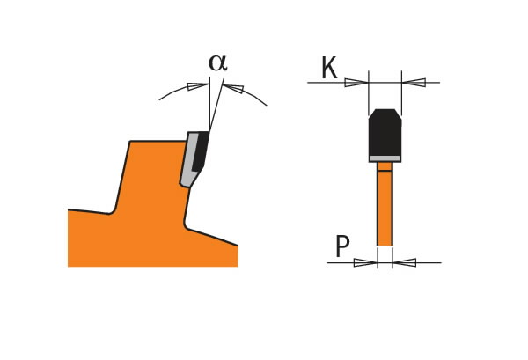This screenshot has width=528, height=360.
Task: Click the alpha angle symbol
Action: (217, 62)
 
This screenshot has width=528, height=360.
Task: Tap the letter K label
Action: (328, 69)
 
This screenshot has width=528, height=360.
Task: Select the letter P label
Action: (342, 247)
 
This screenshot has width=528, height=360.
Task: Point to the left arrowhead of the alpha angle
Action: (197, 86)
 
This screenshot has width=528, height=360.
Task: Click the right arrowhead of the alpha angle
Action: (233, 88)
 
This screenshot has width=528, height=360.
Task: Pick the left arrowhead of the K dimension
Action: (356, 83)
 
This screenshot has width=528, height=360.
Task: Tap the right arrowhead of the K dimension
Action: (414, 83)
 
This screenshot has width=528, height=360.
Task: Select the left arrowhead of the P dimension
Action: (365, 262)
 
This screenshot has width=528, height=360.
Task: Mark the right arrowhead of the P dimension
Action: (404, 262)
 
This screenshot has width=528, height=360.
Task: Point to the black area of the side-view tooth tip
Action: (200, 150)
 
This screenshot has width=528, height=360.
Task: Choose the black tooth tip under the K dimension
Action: (385, 134)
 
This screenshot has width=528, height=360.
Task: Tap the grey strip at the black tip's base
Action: (385, 158)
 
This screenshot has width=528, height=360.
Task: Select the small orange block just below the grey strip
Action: (385, 166)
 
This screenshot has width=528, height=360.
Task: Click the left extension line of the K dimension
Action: (369, 92)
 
